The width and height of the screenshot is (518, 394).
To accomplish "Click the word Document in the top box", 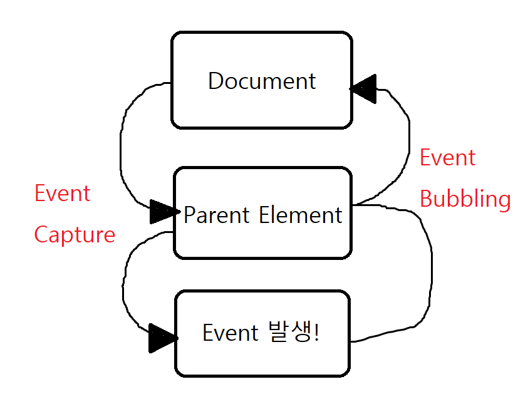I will [262, 81].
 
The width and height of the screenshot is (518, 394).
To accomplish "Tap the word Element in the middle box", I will [301, 215].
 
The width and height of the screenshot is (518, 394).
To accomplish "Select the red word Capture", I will [75, 235].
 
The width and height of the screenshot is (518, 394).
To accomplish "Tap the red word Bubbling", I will [465, 199].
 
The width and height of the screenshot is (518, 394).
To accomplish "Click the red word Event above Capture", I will [63, 194].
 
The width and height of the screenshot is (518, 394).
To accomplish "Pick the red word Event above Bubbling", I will [447, 158].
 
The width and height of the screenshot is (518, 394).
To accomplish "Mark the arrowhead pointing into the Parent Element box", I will [163, 212].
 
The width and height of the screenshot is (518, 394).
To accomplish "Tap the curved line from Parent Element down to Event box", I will [125, 282].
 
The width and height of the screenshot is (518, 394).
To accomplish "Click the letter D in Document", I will [215, 81].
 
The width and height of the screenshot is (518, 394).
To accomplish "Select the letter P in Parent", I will [190, 215].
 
